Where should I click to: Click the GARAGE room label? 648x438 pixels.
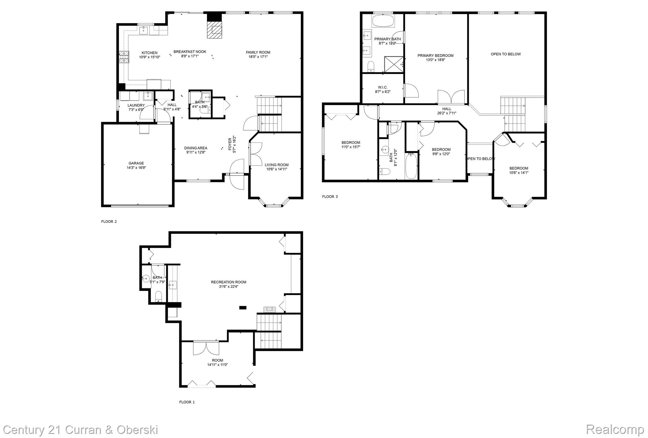click(136, 163)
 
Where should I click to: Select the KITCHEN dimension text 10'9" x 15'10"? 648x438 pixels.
click(150, 57)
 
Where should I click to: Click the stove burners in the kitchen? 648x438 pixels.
click(124, 57)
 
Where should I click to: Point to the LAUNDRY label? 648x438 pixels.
click(136, 105)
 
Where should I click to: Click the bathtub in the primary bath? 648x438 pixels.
click(383, 22)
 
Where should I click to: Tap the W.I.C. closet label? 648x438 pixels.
click(383, 87)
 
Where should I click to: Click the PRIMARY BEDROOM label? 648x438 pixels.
click(435, 56)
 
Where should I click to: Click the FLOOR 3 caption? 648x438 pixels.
click(330, 197)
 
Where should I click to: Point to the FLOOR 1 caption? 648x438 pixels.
click(187, 402)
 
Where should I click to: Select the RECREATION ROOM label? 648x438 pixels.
click(228, 282)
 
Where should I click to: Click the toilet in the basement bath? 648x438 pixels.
click(159, 297)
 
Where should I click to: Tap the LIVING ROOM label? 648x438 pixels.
click(277, 165)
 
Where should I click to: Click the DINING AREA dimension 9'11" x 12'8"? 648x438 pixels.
click(196, 152)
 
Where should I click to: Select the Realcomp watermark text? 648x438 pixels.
click(615, 429)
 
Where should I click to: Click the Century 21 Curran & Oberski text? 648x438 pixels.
click(80, 430)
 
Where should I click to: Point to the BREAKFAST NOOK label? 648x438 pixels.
click(190, 52)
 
